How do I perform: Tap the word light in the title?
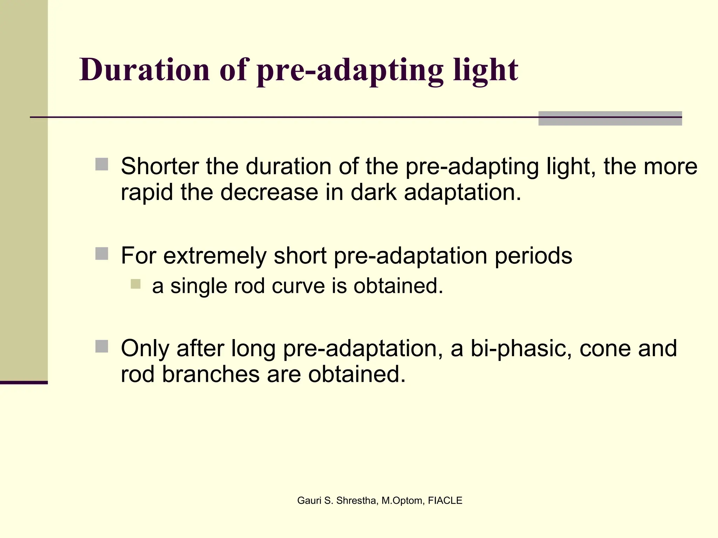(485, 70)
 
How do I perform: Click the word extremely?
(215, 255)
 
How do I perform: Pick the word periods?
(533, 256)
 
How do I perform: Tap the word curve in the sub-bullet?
(298, 286)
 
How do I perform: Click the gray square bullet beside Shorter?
(102, 164)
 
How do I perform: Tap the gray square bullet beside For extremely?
(102, 254)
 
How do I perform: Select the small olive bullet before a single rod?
(135, 284)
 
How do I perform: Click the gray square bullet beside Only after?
(102, 346)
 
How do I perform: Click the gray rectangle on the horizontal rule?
(610, 118)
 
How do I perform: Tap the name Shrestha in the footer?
(357, 501)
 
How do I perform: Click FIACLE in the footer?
(445, 501)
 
